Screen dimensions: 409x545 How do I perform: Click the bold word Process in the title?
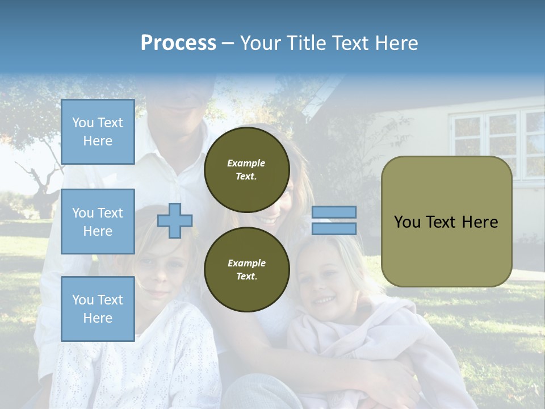pyautogui.click(x=178, y=43)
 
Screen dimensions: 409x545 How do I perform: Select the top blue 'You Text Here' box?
pyautogui.click(x=98, y=132)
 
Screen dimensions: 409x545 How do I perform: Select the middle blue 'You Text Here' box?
pyautogui.click(x=98, y=222)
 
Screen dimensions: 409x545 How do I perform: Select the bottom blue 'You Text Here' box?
pyautogui.click(x=98, y=308)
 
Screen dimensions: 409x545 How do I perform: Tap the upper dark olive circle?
pyautogui.click(x=247, y=169)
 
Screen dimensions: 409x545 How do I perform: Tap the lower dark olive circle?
pyautogui.click(x=247, y=269)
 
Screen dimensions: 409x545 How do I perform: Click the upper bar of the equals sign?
pyautogui.click(x=334, y=212)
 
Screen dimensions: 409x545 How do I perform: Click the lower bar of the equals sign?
pyautogui.click(x=334, y=228)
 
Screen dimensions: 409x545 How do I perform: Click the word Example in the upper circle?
pyautogui.click(x=246, y=163)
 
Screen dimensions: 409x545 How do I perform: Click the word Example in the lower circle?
pyautogui.click(x=246, y=263)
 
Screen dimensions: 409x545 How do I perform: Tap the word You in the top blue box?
pyautogui.click(x=83, y=123)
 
